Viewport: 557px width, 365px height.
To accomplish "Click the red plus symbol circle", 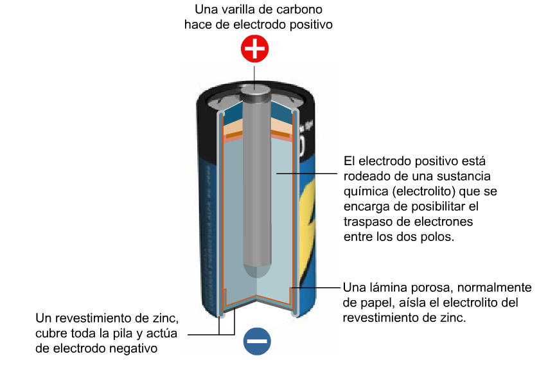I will pyautogui.click(x=255, y=49).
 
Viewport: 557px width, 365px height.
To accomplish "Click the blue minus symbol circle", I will pyautogui.click(x=257, y=341).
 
